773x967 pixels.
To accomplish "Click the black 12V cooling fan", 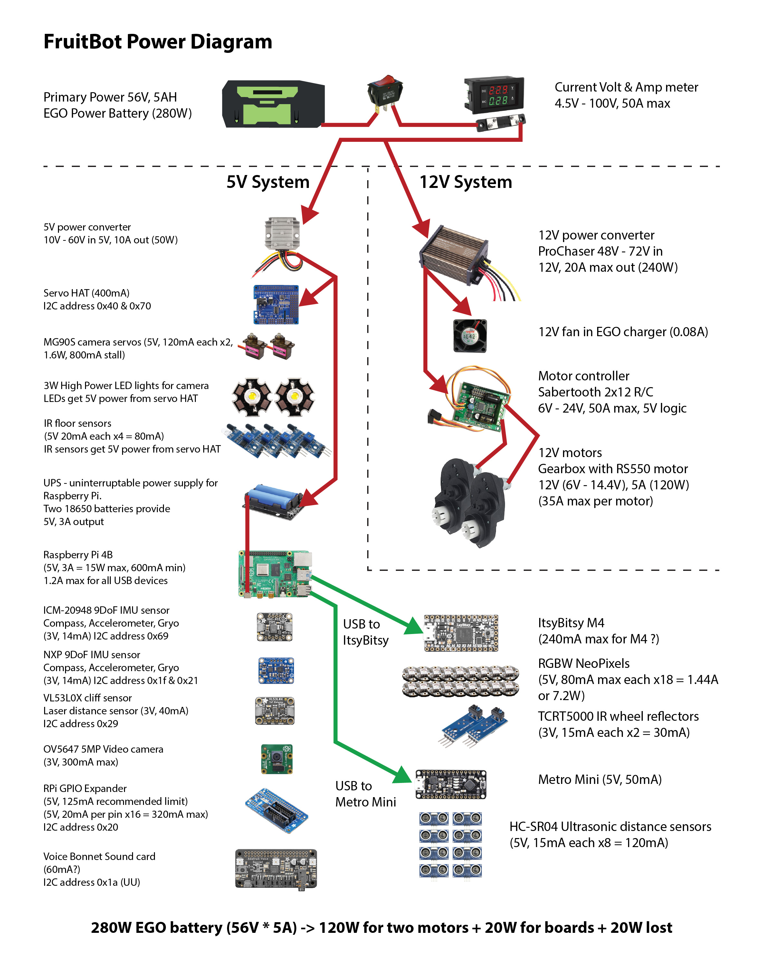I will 470,336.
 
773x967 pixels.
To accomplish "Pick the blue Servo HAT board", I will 276,304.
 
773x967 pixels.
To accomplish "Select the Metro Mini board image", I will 451,784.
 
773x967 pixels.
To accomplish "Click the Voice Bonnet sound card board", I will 276,868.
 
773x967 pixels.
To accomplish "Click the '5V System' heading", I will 268,182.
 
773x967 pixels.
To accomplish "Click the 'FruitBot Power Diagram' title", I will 158,42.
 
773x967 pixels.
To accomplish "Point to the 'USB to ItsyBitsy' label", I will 366,632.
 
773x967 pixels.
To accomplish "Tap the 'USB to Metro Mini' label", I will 366,794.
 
